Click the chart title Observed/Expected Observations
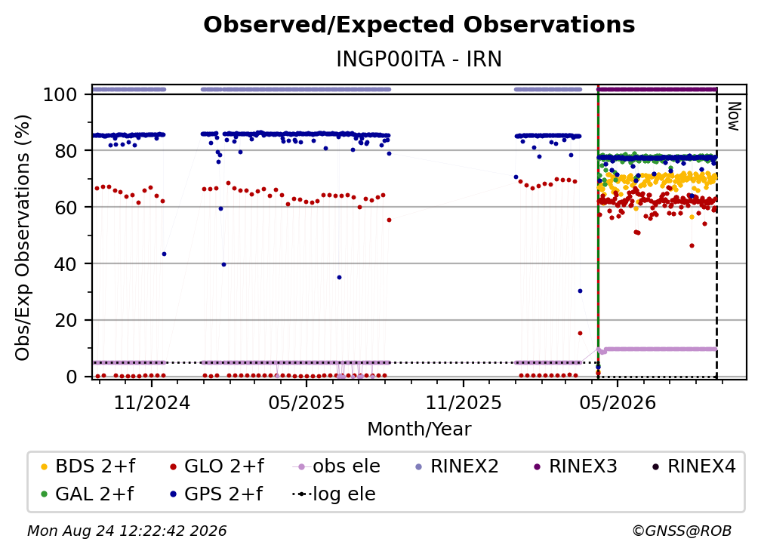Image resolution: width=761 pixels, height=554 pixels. [x=419, y=25]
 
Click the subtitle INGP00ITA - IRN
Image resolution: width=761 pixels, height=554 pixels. [x=419, y=59]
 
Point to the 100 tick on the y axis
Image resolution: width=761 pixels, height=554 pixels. [x=60, y=94]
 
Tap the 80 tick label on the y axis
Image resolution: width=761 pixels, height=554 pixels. [x=66, y=151]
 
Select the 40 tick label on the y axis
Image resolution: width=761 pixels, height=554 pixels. [x=66, y=264]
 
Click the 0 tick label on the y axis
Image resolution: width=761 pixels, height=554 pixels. [x=72, y=377]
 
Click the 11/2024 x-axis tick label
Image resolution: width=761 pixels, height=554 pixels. [x=152, y=402]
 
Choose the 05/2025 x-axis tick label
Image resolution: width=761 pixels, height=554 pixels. [x=307, y=402]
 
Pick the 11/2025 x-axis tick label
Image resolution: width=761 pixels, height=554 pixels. [x=464, y=402]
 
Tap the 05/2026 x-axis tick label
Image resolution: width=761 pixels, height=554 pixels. [x=618, y=402]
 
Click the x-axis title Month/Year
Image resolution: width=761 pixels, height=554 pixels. [x=419, y=429]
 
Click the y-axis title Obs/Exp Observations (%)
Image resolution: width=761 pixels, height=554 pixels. [x=23, y=237]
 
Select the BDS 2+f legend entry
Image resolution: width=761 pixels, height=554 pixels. [x=88, y=466]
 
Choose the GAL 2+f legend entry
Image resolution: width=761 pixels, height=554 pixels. [x=87, y=494]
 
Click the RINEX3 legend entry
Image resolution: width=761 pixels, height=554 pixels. [x=575, y=466]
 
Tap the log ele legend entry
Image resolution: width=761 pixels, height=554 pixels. [x=334, y=494]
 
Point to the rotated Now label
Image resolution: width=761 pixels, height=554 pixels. [x=734, y=116]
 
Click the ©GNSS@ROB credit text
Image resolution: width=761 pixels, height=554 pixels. [x=682, y=531]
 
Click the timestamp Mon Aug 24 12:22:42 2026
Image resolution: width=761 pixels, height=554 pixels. [x=127, y=531]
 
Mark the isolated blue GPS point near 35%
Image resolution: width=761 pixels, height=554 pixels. [x=339, y=278]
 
